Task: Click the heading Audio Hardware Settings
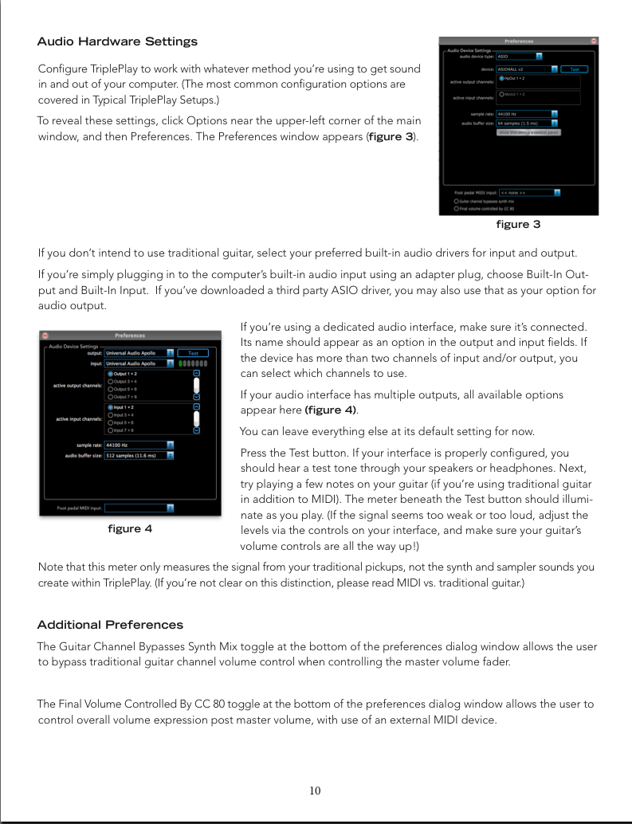tap(117, 41)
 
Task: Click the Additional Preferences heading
tap(110, 625)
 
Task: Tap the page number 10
tap(316, 791)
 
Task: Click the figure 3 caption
tap(518, 225)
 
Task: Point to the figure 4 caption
tap(129, 528)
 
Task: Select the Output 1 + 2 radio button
tap(110, 374)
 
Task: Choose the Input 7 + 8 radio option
tap(110, 430)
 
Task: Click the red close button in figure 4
tap(45, 335)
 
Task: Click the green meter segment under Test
tap(183, 363)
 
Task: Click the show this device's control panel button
tap(528, 132)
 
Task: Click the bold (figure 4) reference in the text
tap(331, 410)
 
